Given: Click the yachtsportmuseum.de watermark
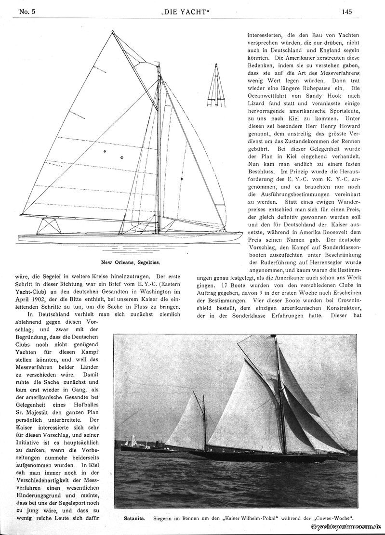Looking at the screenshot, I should coord(345,528).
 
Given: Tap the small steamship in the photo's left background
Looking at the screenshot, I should coord(145,447).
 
